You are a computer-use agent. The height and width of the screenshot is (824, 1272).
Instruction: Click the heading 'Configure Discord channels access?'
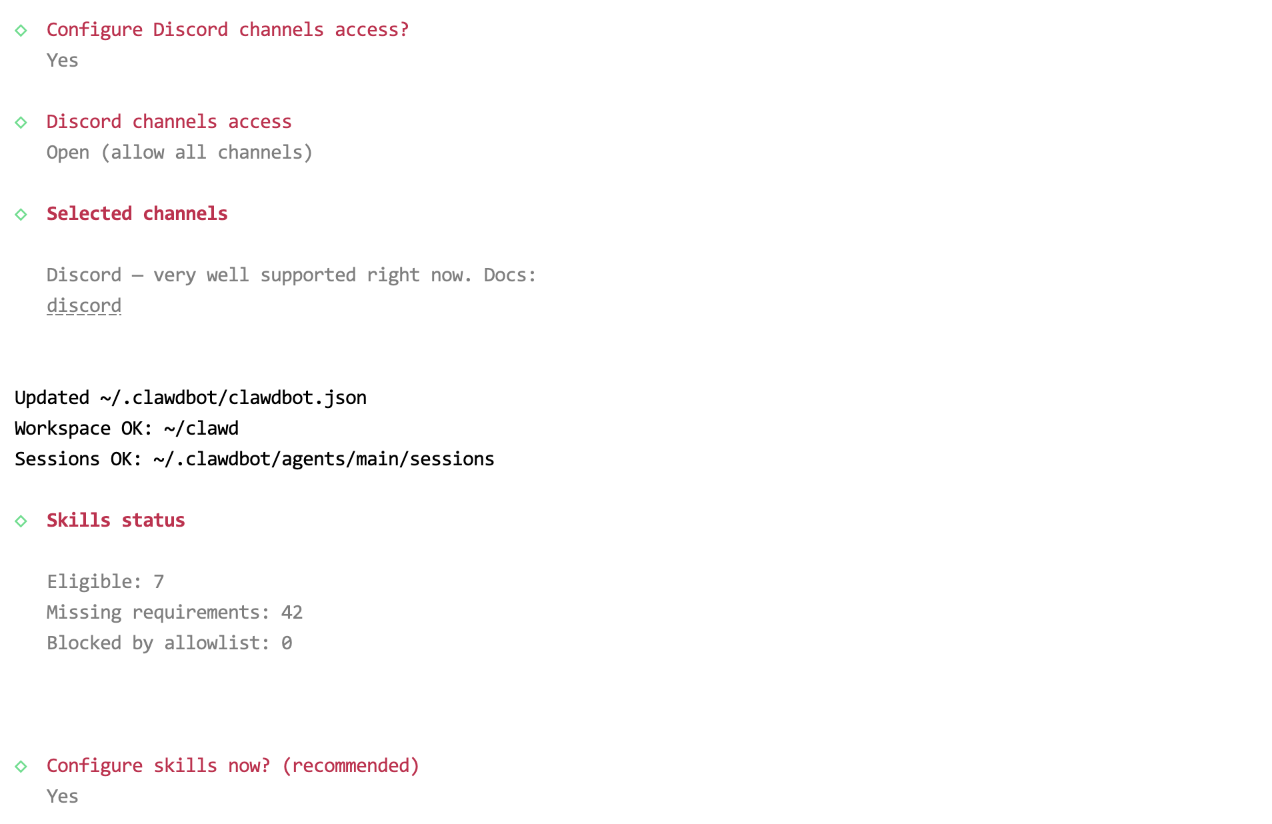pos(227,30)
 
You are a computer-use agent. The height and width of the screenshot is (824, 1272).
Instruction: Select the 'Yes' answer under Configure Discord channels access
pos(63,61)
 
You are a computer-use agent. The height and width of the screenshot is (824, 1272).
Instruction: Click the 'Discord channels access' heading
pos(169,122)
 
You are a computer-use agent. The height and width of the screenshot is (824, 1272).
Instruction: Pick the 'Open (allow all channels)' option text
pos(179,153)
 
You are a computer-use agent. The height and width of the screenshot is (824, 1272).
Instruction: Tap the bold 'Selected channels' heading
pos(137,214)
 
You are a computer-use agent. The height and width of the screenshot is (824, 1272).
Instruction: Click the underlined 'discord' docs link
pos(84,306)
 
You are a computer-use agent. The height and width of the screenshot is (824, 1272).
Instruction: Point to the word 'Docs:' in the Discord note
pos(510,275)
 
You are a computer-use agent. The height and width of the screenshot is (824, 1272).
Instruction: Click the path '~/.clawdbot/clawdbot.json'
pos(233,398)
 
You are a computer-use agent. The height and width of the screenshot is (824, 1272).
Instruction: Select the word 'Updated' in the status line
pos(52,398)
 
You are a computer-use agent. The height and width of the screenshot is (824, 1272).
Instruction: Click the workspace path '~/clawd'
pos(201,429)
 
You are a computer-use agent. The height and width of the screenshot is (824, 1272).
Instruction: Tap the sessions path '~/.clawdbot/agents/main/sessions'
pos(324,459)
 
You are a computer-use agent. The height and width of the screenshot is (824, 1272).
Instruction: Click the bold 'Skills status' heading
pos(115,521)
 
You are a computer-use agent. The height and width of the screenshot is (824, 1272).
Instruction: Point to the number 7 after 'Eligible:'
pos(159,582)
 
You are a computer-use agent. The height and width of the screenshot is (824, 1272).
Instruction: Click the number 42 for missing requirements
pos(292,613)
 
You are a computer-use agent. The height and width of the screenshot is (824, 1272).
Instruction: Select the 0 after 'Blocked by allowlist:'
pos(287,643)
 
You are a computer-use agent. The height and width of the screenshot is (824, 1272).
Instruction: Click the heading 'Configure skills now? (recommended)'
pos(233,766)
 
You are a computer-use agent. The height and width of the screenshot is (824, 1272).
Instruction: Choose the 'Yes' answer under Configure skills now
pos(63,797)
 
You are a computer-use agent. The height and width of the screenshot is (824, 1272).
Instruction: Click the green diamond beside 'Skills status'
pos(21,521)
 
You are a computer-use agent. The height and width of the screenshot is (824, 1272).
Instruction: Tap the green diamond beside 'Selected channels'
pos(21,215)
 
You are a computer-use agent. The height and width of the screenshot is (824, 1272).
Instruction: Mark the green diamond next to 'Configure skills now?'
pos(21,767)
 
